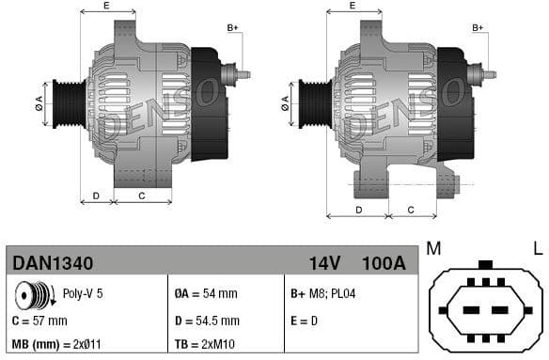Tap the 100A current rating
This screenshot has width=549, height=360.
point(383,263)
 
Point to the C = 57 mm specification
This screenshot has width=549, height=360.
point(40,321)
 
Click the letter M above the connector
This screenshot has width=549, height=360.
point(433,248)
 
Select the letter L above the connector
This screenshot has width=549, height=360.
point(537,248)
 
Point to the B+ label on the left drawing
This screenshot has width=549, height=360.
point(232,28)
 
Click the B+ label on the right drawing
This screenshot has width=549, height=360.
point(478,28)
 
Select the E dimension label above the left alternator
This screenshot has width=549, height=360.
point(105,7)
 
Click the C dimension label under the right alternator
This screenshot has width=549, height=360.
point(411,209)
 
